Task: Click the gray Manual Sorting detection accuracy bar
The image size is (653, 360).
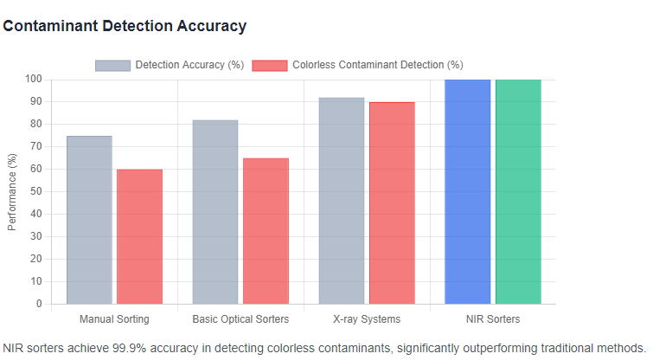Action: click(89, 220)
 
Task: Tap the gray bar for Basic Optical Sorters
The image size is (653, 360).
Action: click(215, 212)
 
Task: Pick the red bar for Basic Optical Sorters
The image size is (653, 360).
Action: click(266, 231)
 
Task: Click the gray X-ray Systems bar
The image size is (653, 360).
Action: click(342, 201)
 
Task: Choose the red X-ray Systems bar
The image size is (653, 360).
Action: click(392, 202)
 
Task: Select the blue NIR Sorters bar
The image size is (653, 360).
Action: click(468, 191)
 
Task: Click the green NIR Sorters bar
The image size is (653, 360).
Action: click(518, 191)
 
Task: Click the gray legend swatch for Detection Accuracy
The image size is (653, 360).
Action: click(112, 65)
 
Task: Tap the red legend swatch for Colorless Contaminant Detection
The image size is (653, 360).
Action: click(269, 65)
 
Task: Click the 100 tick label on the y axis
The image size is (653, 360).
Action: click(33, 79)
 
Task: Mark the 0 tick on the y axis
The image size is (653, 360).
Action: click(39, 304)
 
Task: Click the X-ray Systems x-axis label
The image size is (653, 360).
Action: click(367, 319)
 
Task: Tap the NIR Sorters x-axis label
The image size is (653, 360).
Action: click(493, 319)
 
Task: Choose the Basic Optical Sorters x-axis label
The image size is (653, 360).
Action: click(240, 319)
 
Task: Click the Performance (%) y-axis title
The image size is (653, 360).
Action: click(12, 191)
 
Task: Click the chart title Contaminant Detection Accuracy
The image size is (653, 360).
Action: click(125, 26)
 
